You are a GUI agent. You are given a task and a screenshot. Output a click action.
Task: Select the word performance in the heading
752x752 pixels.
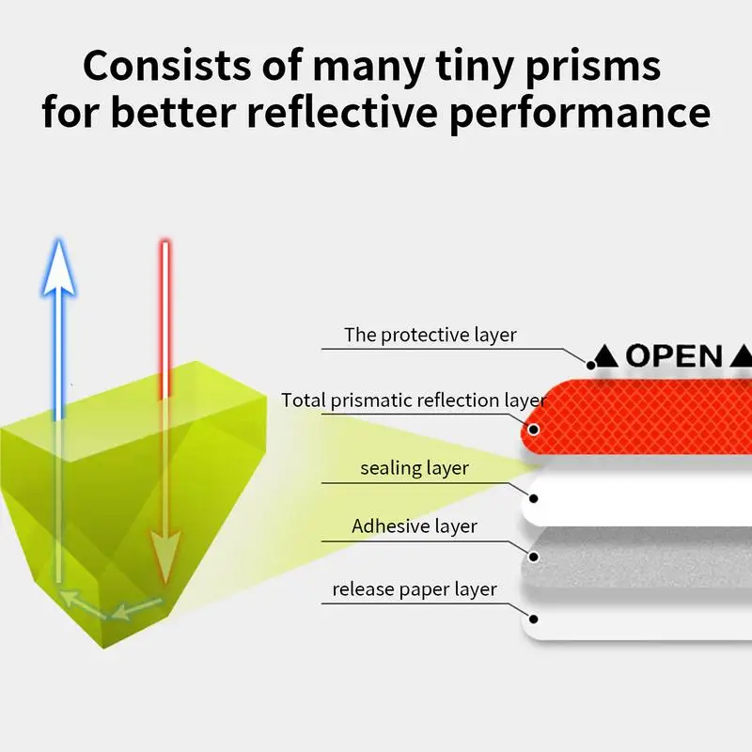click(x=605, y=112)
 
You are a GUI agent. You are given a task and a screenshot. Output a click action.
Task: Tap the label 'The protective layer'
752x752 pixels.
click(x=430, y=334)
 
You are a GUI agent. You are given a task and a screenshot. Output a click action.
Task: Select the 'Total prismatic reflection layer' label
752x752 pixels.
click(x=413, y=400)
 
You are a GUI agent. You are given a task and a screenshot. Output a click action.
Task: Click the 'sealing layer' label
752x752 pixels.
click(x=415, y=467)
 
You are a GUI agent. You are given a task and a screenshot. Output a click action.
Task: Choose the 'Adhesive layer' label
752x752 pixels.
click(x=415, y=525)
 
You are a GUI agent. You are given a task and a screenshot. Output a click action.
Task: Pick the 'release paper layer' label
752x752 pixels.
click(x=415, y=590)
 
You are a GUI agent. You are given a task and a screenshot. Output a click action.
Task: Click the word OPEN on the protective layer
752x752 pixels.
click(x=674, y=356)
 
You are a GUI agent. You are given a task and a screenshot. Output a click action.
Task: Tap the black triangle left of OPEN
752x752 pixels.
click(x=606, y=357)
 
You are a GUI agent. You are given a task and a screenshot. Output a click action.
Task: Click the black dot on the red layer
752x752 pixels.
click(x=534, y=431)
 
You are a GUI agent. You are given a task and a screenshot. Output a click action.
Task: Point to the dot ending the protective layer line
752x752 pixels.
click(x=591, y=364)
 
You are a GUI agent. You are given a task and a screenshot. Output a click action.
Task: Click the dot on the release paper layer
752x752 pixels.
click(x=534, y=619)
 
